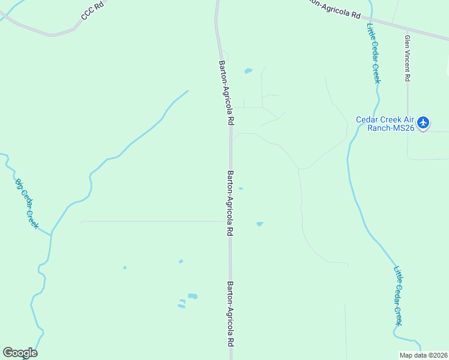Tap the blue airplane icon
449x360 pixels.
pos(424,122)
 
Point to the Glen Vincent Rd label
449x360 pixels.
pos(407,58)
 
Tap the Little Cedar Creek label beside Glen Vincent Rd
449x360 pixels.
pos(372,53)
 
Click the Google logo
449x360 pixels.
pos(20,353)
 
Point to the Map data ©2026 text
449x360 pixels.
pos(424,355)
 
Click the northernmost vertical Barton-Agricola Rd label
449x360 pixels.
pos(226,92)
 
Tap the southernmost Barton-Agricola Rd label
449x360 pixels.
pos(230,314)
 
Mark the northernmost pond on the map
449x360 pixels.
pos(248,71)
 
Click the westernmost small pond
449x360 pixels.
pos(125,268)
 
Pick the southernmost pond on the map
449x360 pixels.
pos(181,306)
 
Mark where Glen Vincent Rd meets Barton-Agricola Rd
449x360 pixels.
pos(408,30)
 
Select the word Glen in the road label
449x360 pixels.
pos(407,41)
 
